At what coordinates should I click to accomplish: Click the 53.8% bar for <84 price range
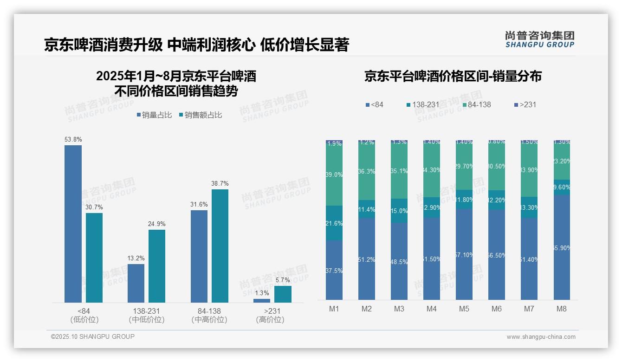coord(73,224)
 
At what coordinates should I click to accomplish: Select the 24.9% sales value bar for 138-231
coord(157,266)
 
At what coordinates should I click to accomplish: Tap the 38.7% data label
coord(220,183)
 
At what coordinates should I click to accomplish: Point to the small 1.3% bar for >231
coord(262,300)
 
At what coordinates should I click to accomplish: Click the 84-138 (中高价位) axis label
coord(209,315)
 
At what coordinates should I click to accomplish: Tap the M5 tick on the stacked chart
coord(464,309)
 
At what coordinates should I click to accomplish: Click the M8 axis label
coord(561,309)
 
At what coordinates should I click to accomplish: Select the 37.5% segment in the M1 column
coord(334,270)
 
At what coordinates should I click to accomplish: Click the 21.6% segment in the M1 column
coord(334,223)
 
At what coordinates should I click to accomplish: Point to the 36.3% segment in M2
coord(367,171)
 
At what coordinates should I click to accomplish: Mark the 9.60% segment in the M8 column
coord(562,187)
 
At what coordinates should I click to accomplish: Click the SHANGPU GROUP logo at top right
coord(539,39)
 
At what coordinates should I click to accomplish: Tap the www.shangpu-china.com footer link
coord(541,337)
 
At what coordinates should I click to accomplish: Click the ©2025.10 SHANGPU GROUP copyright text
coord(93,336)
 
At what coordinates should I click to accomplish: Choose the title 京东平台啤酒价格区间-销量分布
coord(453,76)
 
